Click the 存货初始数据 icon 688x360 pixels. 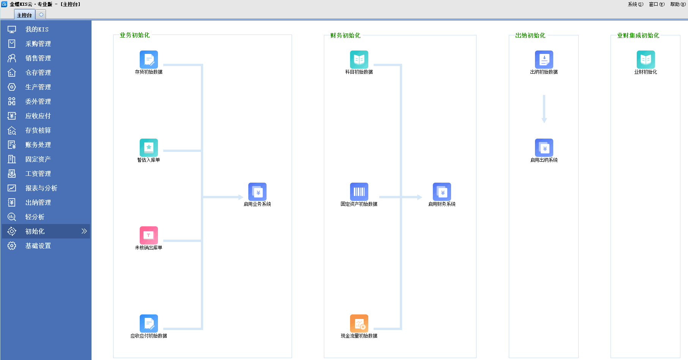click(x=149, y=60)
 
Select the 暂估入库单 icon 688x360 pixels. click(x=149, y=148)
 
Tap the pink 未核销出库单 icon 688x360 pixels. click(x=149, y=235)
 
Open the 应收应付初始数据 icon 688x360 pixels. click(x=149, y=324)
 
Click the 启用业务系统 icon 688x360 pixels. click(x=257, y=192)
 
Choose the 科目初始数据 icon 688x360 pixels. click(x=359, y=60)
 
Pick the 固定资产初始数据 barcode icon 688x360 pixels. click(x=359, y=192)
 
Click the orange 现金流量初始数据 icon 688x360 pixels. click(x=359, y=324)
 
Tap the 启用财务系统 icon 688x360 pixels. click(x=442, y=192)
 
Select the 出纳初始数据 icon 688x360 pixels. click(x=544, y=60)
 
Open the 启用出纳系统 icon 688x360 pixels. click(x=544, y=148)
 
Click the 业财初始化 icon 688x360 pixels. click(x=646, y=60)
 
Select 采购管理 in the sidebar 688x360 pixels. click(x=38, y=44)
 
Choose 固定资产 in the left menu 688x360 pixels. click(x=38, y=159)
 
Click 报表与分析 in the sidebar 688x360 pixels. click(x=41, y=188)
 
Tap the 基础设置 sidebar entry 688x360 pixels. click(x=38, y=246)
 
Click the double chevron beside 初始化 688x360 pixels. click(x=84, y=231)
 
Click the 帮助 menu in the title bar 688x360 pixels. click(x=678, y=4)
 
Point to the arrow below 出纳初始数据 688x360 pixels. click(x=544, y=109)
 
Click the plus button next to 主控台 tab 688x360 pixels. click(x=41, y=14)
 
